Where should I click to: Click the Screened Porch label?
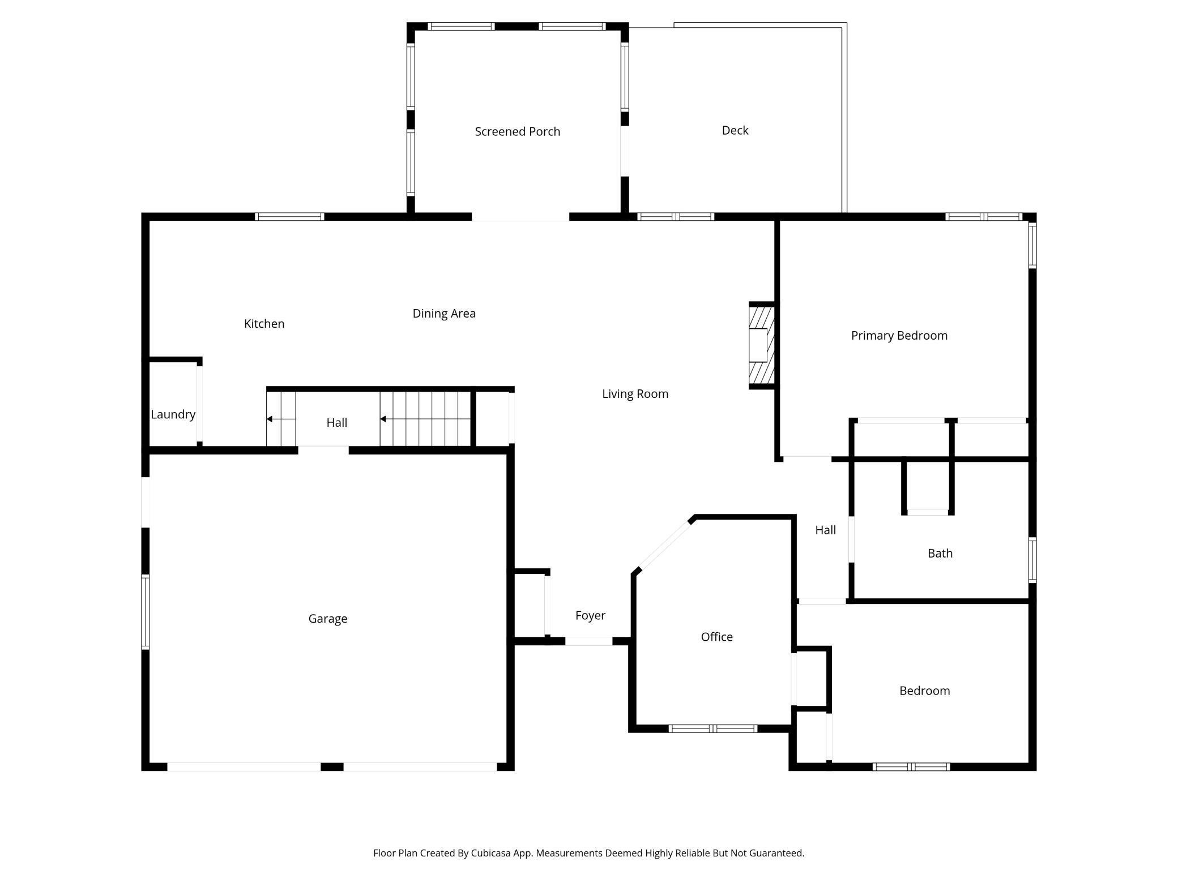[x=517, y=131]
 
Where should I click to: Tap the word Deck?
[x=735, y=130]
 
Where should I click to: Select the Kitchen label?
[x=264, y=324]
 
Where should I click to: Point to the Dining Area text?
[x=444, y=314]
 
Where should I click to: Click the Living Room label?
[x=635, y=394]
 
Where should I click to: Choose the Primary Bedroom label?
[x=899, y=336]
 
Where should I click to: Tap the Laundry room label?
[x=173, y=414]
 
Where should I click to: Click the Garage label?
[x=327, y=619]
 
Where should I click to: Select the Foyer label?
[x=590, y=615]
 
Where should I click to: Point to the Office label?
[x=716, y=637]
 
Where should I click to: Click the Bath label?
[x=940, y=553]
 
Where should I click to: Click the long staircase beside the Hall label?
[x=425, y=419]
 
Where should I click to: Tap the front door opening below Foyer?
[x=588, y=641]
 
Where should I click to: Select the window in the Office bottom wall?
[x=712, y=728]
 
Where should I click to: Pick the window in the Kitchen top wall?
[x=289, y=217]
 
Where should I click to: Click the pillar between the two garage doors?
[x=332, y=766]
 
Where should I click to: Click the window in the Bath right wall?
[x=1032, y=560]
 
